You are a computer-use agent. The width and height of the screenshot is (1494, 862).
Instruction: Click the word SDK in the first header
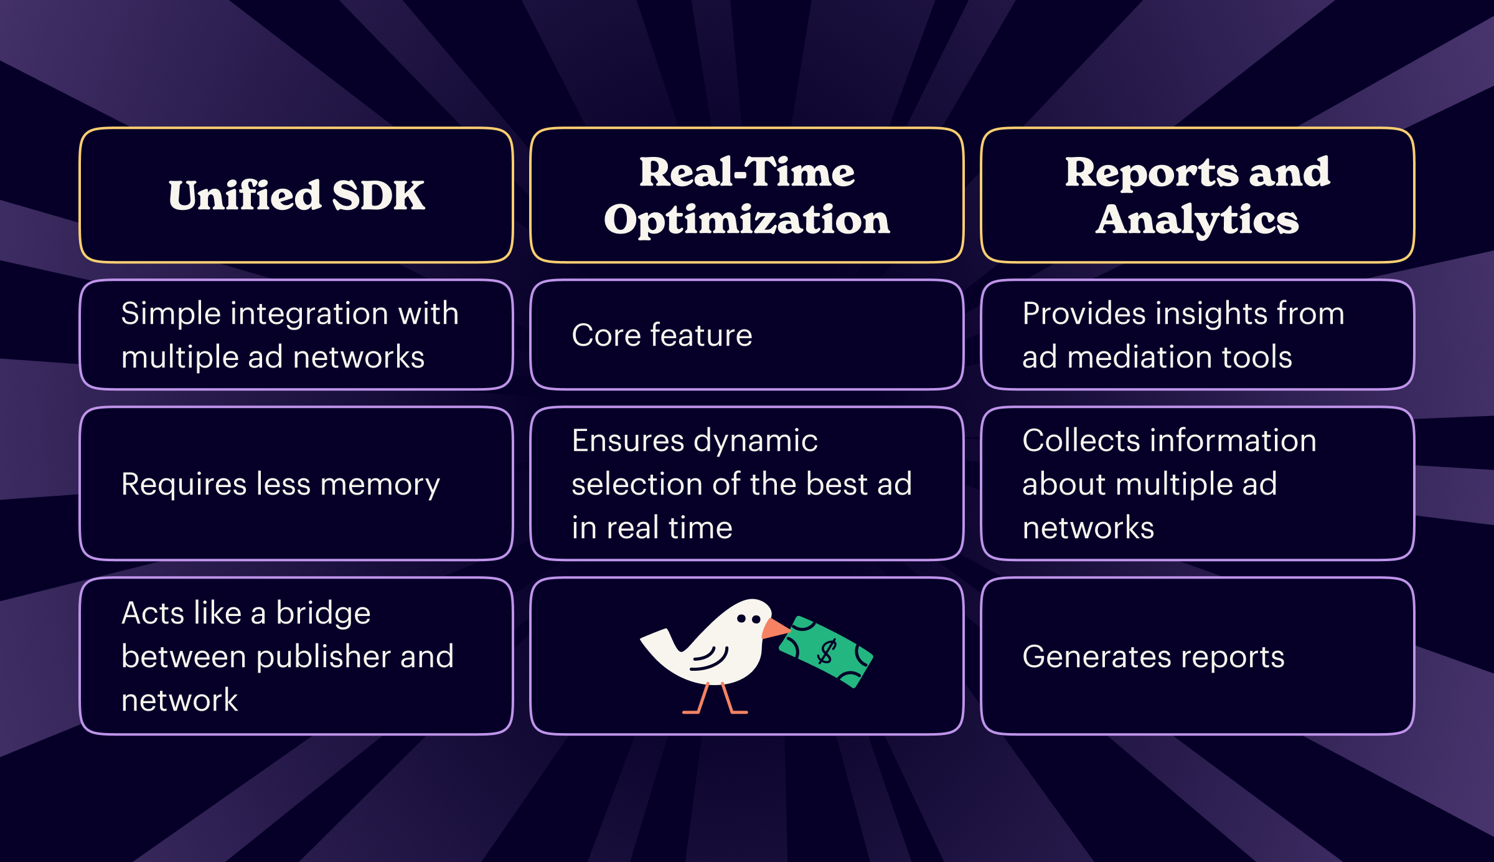click(378, 196)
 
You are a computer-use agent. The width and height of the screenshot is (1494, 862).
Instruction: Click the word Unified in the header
click(245, 196)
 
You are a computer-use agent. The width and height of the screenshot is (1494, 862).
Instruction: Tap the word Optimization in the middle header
click(747, 220)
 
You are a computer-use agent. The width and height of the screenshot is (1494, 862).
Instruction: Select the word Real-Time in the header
click(747, 172)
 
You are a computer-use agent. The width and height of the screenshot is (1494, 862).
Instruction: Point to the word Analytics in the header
click(1197, 220)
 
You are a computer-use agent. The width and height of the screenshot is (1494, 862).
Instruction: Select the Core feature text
click(662, 335)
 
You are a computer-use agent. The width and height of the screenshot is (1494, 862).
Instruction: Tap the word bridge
click(323, 613)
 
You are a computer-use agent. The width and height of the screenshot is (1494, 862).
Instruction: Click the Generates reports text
click(1153, 656)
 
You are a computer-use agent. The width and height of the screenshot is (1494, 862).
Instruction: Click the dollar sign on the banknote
click(827, 652)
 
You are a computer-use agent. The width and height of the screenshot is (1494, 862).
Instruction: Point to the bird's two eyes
click(748, 619)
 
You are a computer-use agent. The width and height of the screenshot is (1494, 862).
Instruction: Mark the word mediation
click(1139, 358)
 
